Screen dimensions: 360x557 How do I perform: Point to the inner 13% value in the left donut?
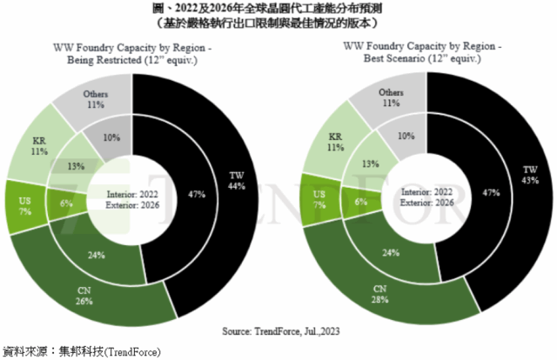(x=76, y=165)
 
